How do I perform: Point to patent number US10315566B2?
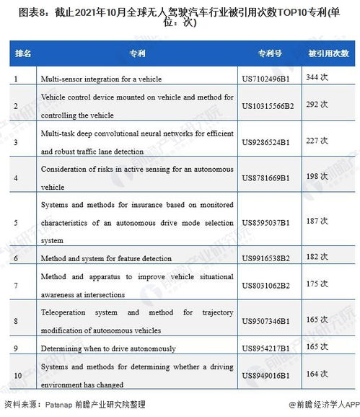268,105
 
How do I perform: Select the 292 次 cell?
317,105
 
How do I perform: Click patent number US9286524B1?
265,141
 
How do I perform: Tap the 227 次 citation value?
317,141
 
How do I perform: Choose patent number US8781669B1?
265,177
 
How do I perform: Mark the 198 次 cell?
317,177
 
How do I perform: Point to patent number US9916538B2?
265,258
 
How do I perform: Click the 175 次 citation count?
317,284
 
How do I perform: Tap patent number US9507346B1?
265,320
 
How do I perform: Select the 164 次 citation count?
317,374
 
